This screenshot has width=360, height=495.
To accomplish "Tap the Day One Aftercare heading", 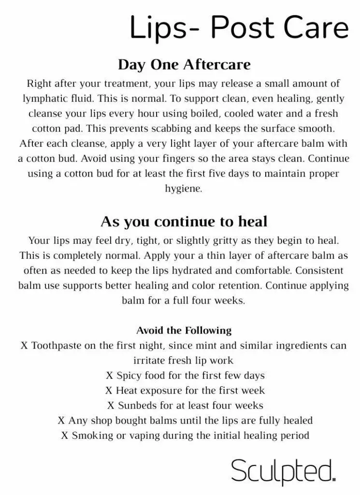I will tap(184, 65).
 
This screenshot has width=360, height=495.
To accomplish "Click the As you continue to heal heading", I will tap(184, 221).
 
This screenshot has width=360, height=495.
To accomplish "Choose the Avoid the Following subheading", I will tap(184, 331).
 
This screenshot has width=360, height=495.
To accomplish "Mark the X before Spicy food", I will tap(109, 375).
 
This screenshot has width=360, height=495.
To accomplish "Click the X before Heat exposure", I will tap(109, 390).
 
